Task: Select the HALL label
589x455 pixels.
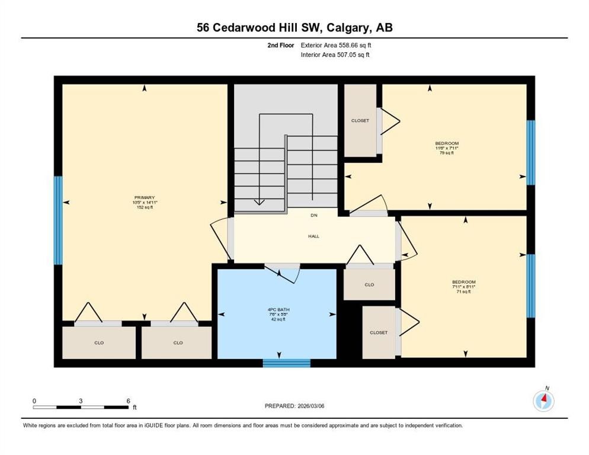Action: [313, 236]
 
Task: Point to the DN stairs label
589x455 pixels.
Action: [314, 216]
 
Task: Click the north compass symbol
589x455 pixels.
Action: [543, 400]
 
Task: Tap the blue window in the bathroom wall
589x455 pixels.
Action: [287, 363]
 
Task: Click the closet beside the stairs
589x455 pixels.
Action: [360, 121]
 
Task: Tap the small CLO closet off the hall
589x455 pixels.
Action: [369, 285]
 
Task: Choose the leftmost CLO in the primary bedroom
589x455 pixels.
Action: [99, 342]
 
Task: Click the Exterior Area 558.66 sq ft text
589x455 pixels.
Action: [336, 44]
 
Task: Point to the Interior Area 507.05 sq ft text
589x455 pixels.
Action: [336, 55]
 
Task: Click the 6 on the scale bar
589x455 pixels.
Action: [128, 400]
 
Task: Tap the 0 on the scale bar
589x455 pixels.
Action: [34, 400]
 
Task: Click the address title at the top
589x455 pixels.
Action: [294, 27]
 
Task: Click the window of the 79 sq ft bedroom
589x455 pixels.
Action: [530, 152]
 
